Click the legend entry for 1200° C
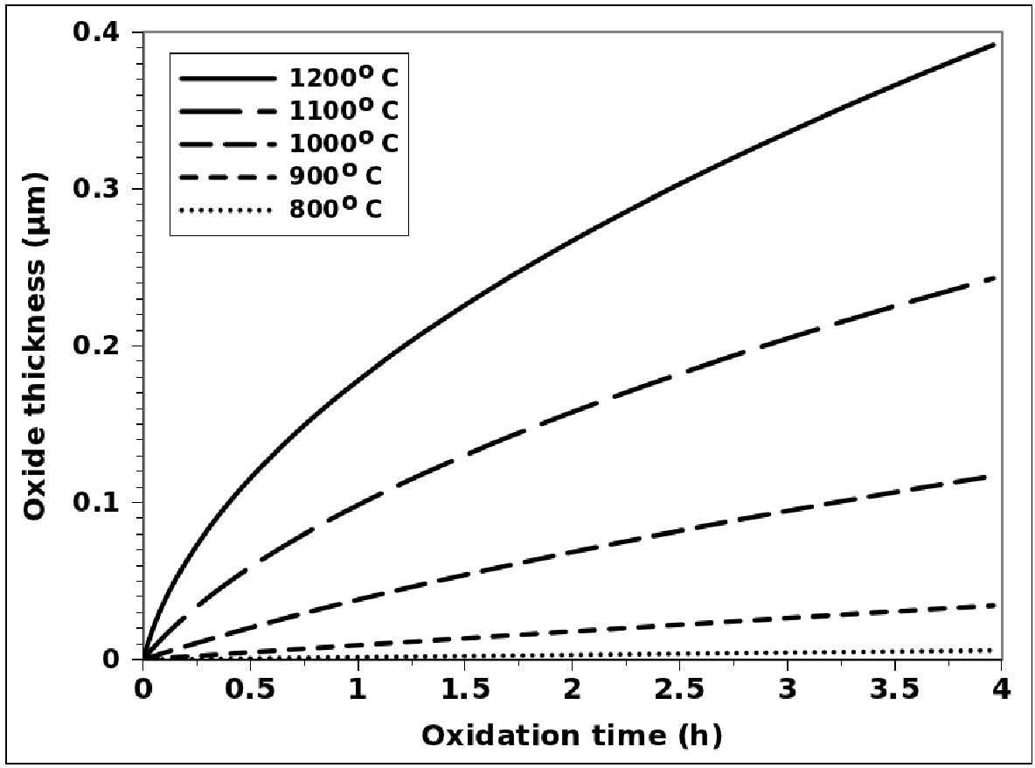coord(344,79)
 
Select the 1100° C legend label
coord(344,111)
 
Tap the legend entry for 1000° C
coord(344,143)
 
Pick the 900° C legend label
coord(336,176)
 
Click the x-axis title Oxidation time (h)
coord(573,737)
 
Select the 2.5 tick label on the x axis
coord(679,689)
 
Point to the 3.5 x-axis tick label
coord(894,689)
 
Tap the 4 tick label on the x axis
coord(1002,689)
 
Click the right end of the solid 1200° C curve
coord(997,43)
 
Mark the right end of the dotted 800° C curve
coord(997,650)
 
